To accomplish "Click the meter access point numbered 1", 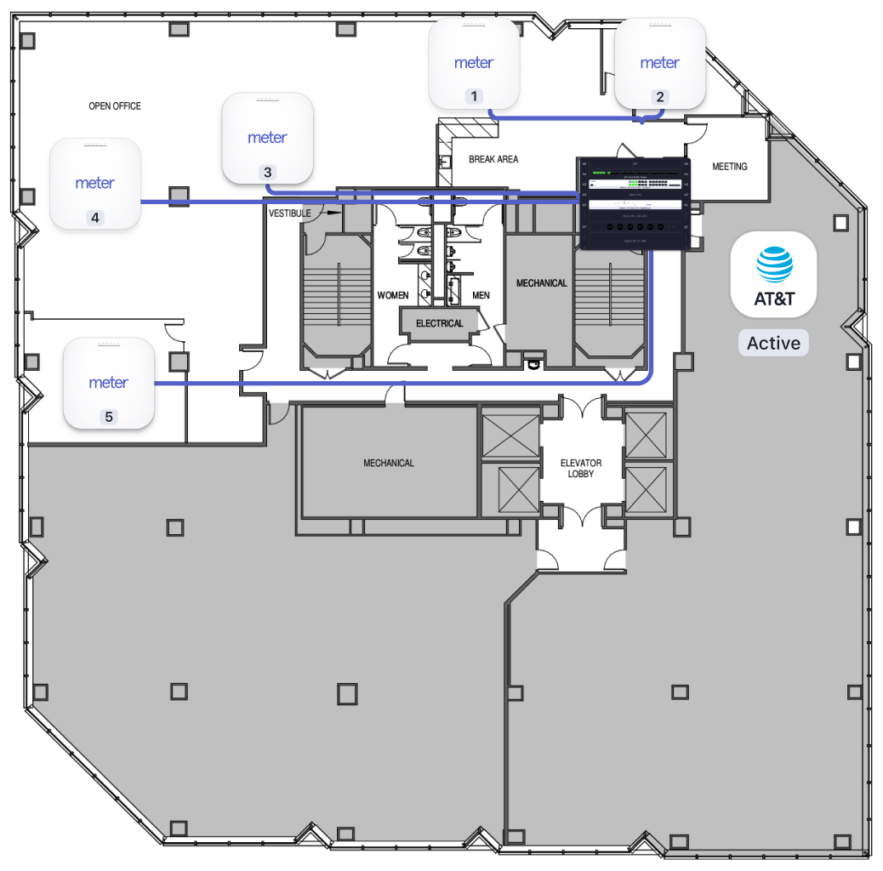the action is tap(474, 64).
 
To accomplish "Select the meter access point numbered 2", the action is tap(660, 63).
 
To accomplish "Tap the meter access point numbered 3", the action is tap(267, 138).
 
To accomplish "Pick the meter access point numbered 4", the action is tap(95, 184).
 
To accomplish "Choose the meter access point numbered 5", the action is tap(109, 383).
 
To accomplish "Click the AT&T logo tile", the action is tap(774, 274).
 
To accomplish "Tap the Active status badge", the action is tap(773, 344).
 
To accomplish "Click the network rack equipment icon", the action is tap(633, 203).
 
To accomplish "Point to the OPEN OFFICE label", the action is tap(115, 106).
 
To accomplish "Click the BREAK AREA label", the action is tap(493, 159).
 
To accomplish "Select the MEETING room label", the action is tap(729, 167).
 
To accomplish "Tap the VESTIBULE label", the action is tap(290, 212).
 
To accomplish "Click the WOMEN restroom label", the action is tap(393, 295).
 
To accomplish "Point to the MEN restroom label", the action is tap(481, 295).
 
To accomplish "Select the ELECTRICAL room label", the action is tap(440, 323).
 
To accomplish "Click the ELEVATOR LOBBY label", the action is tap(581, 469).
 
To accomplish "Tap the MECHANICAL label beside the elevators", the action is tap(389, 464).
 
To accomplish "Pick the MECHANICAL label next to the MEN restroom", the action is tap(541, 283).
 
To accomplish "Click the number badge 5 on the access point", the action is tap(108, 417).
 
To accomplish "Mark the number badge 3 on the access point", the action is tap(267, 172).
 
